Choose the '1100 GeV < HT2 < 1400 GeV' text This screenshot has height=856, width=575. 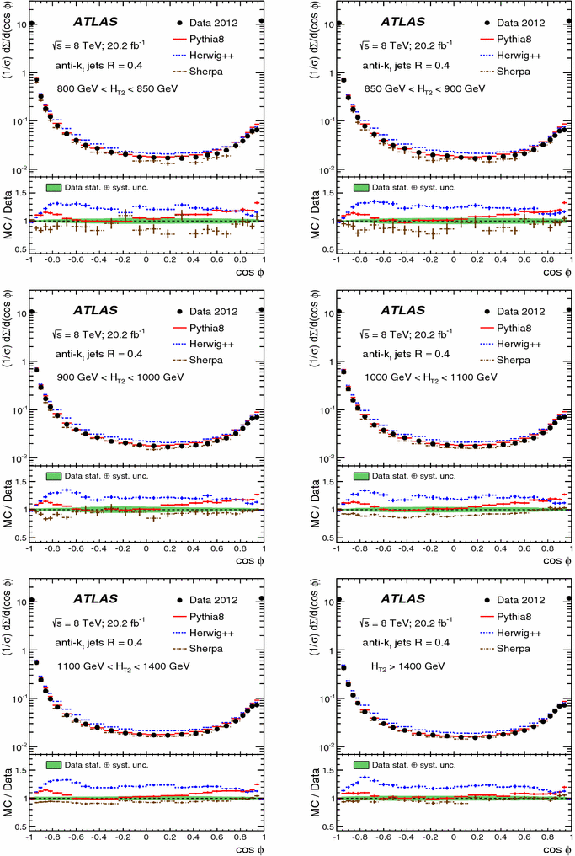111,666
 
